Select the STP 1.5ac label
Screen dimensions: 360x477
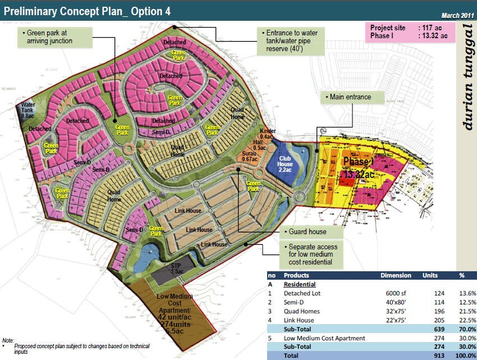click(176, 268)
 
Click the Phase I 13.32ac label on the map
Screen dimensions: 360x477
click(359, 168)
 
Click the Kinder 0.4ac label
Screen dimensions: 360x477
click(267, 134)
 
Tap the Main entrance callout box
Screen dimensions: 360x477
click(351, 97)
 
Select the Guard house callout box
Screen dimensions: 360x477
click(307, 231)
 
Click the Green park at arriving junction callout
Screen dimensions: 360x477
click(53, 37)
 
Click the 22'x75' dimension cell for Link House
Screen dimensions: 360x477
click(396, 320)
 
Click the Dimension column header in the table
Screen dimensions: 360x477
click(396, 276)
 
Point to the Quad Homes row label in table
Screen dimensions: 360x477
click(302, 311)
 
